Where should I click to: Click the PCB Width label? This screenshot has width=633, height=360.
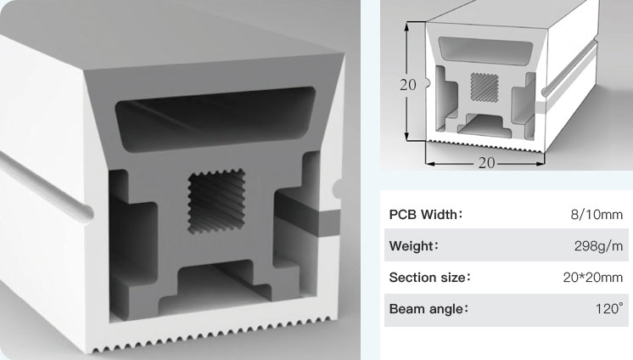425,214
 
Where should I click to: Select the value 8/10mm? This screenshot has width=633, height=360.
597,214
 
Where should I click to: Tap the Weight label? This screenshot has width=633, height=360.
414,245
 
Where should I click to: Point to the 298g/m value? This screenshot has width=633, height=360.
599,245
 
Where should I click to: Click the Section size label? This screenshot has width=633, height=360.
430,277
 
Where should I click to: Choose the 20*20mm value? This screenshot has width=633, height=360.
593,277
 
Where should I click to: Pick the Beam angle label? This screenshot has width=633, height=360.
429,309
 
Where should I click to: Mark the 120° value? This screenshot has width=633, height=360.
609,308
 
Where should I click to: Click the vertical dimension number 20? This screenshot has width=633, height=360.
408,84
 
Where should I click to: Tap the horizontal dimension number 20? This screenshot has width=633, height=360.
486,163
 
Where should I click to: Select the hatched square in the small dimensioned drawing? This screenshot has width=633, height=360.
485,87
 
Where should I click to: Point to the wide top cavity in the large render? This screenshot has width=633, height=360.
216,119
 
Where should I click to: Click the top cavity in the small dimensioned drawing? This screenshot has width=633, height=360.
485,50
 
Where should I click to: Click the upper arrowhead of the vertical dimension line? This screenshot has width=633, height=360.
407,26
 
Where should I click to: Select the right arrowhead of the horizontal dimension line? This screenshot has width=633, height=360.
540,164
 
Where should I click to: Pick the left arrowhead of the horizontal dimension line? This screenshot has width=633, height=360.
431,164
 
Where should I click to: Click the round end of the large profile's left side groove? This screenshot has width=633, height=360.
86,213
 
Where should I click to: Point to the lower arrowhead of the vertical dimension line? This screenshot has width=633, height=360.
407,136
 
